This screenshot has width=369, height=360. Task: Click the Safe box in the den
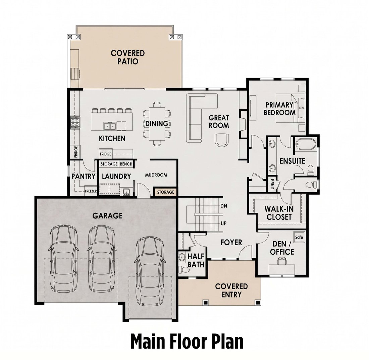click(299, 237)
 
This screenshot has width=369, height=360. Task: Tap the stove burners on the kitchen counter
click(75, 122)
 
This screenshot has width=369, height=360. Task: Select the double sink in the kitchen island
click(110, 126)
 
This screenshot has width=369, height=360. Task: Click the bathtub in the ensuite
click(306, 144)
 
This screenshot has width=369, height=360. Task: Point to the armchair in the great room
click(221, 140)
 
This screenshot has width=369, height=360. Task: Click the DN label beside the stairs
click(224, 206)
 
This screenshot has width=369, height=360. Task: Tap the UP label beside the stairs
click(223, 223)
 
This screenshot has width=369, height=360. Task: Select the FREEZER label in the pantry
click(91, 191)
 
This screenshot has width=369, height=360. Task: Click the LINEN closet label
click(272, 184)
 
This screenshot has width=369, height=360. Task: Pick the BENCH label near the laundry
click(126, 164)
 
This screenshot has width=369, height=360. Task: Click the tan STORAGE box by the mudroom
click(166, 192)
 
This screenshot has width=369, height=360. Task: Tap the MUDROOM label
click(156, 175)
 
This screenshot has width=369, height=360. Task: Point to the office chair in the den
click(282, 261)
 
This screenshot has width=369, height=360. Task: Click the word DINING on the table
click(157, 124)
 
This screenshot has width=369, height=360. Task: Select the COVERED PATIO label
click(128, 57)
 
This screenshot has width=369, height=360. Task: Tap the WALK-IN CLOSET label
click(279, 213)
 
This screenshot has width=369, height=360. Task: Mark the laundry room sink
click(126, 192)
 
